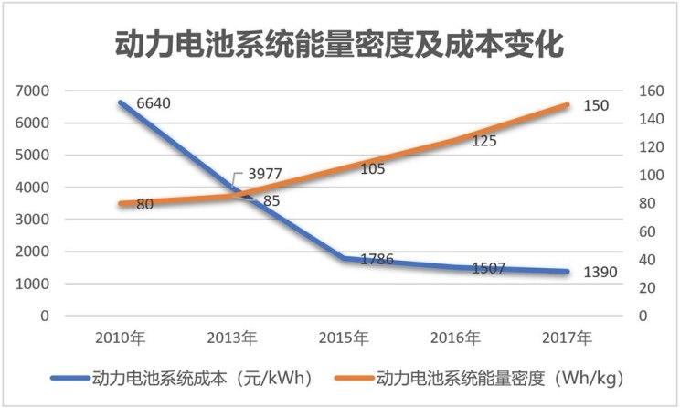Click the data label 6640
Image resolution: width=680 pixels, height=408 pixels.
[x=154, y=103]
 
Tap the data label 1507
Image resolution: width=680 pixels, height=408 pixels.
[x=489, y=268]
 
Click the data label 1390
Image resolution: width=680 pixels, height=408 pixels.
[x=600, y=273]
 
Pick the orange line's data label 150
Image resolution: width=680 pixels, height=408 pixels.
[x=596, y=106]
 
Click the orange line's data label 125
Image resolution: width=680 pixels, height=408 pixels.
[x=485, y=141]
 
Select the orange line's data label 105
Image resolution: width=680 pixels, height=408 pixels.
[x=373, y=168]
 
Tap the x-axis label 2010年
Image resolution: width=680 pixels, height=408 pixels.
[x=121, y=338]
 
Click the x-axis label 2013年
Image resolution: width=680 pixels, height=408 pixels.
[x=233, y=338]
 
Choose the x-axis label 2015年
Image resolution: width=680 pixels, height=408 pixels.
[x=345, y=338]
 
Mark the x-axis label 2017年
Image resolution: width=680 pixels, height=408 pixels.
[x=568, y=338]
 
